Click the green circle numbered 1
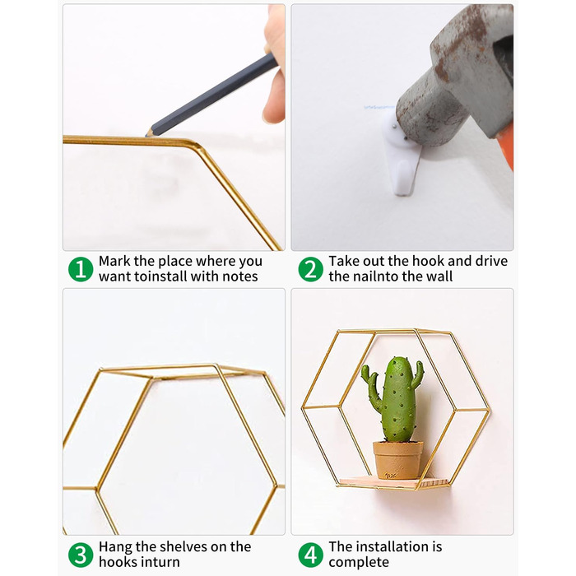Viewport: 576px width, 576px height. [x=81, y=269]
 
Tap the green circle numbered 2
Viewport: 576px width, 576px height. [x=310, y=269]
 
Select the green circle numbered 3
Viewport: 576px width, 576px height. [x=81, y=555]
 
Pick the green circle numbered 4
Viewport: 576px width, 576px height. [x=310, y=555]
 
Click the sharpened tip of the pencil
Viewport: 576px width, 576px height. [x=146, y=135]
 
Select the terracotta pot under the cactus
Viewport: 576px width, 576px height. [x=397, y=460]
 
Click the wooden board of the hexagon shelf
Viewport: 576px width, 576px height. [x=393, y=483]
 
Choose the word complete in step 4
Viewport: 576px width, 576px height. [x=359, y=563]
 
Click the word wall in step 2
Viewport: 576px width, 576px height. [x=439, y=276]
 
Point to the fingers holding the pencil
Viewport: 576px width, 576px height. [x=275, y=66]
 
